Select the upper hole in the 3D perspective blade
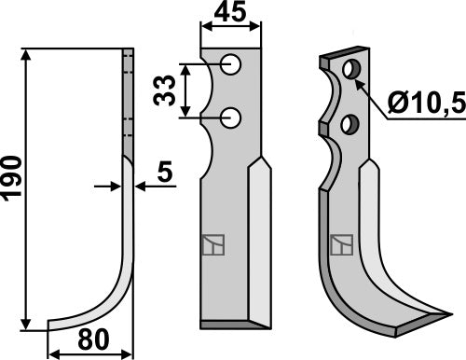(351, 70)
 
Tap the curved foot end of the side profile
(56, 324)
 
